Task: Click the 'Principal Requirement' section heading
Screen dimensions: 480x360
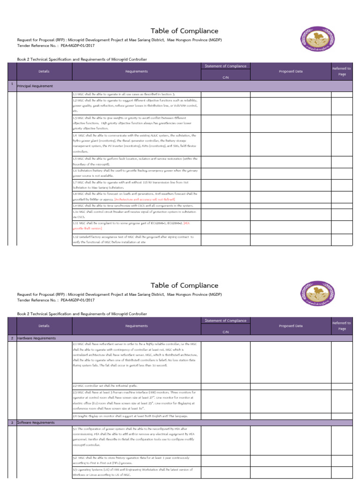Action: coord(35,86)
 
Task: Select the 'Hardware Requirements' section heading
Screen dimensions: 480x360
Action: coord(37,338)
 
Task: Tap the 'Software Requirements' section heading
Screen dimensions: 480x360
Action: coord(36,422)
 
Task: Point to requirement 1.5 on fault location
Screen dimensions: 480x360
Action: coord(135,162)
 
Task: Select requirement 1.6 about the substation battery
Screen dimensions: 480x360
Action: coord(135,173)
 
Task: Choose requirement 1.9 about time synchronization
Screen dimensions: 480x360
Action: coord(133,205)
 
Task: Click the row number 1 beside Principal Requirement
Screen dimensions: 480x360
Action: coord(12,83)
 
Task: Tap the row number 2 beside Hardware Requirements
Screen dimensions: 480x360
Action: coord(12,338)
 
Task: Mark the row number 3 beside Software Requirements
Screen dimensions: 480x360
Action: coord(12,422)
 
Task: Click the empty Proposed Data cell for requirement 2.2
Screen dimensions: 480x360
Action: coord(291,385)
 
